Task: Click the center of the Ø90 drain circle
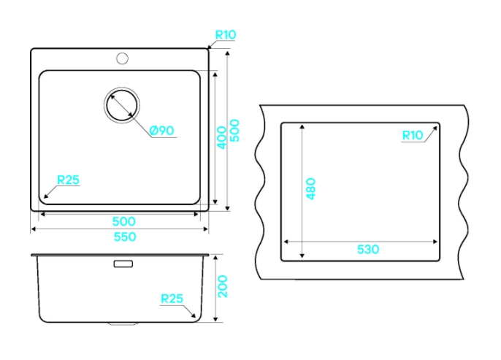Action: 122,105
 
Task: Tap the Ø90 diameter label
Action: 162,130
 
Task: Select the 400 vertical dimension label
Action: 221,138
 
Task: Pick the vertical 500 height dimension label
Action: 235,130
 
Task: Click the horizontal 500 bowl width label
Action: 123,221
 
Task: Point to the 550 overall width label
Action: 125,237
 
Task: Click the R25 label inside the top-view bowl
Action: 68,180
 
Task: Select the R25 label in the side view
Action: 172,299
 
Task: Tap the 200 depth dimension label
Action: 222,286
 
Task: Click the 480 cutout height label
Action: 310,189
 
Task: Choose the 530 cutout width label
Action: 368,249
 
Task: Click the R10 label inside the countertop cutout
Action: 413,135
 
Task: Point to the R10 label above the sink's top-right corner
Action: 226,34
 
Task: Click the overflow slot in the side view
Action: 123,264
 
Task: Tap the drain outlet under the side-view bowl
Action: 123,324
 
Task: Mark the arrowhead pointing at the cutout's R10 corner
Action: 435,129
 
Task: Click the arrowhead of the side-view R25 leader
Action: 193,315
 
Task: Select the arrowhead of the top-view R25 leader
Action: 46,196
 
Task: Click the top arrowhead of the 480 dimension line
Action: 302,126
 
